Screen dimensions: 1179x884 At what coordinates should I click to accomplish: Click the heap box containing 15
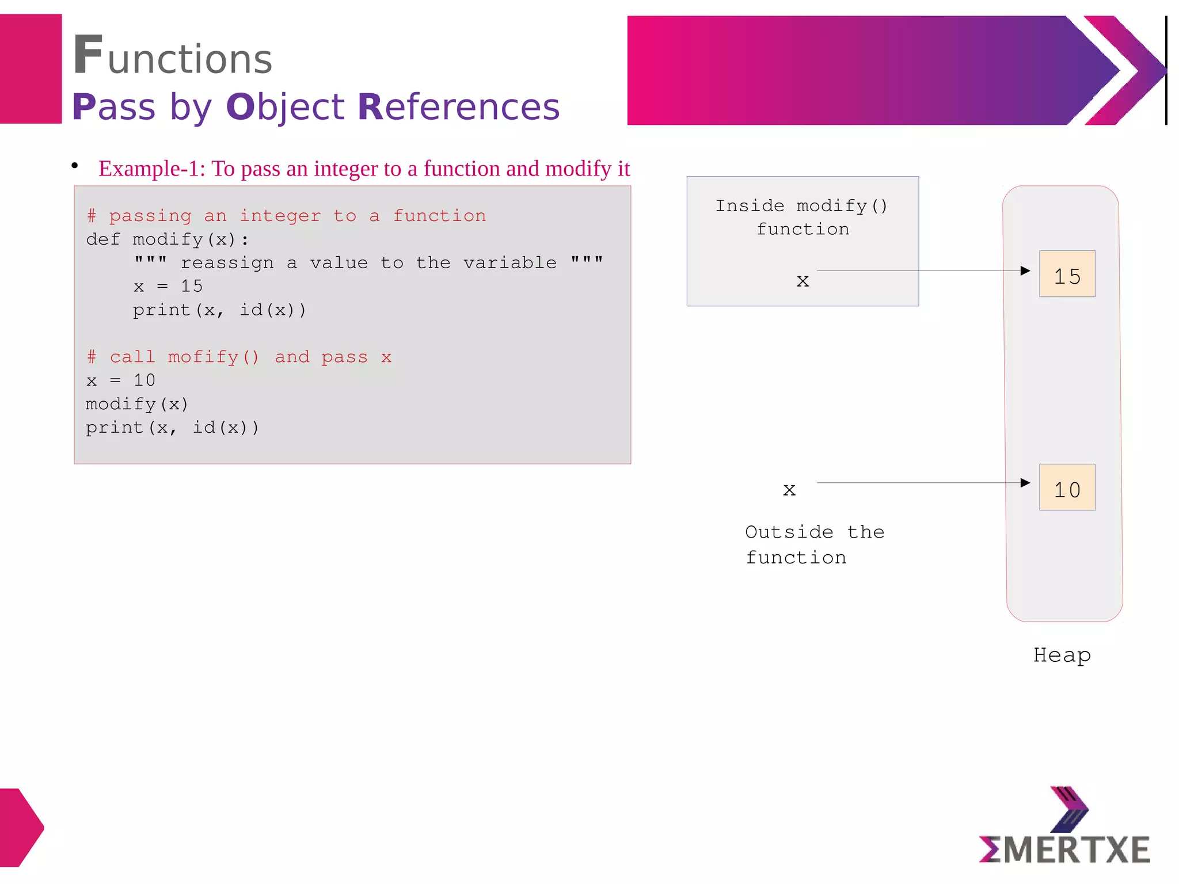point(1067,274)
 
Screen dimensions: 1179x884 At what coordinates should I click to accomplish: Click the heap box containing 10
point(1067,487)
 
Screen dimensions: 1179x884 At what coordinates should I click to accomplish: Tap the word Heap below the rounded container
point(1062,655)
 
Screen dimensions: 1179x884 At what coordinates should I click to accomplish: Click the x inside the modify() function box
point(803,281)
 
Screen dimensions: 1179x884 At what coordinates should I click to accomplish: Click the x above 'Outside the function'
point(789,490)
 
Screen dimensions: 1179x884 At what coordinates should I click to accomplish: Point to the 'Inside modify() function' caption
point(802,218)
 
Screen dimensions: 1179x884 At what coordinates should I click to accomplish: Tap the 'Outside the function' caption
point(814,544)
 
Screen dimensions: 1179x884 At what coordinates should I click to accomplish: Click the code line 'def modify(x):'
point(168,239)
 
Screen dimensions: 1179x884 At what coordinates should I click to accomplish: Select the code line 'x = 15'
point(168,286)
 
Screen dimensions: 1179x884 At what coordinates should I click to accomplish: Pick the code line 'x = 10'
point(120,380)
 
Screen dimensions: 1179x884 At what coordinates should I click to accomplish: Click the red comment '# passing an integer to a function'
point(286,216)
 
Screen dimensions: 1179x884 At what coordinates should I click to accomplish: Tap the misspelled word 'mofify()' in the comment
point(214,357)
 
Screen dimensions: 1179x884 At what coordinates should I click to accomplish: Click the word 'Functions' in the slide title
point(173,56)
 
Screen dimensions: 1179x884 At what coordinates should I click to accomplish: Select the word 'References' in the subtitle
point(458,107)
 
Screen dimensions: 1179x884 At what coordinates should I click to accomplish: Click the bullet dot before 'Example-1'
point(75,166)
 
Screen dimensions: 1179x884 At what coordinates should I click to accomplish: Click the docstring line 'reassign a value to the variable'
point(368,263)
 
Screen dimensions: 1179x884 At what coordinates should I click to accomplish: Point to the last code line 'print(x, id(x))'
point(172,428)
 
